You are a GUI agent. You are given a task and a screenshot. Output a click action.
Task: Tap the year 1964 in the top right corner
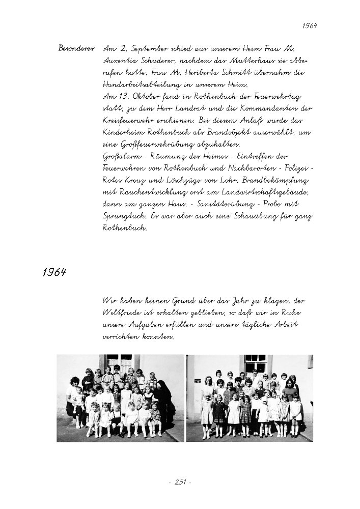309,25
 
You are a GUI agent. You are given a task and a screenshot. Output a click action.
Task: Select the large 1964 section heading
54,272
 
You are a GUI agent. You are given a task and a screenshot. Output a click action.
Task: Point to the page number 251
179,482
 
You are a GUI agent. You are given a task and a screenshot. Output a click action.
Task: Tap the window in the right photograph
255,363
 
